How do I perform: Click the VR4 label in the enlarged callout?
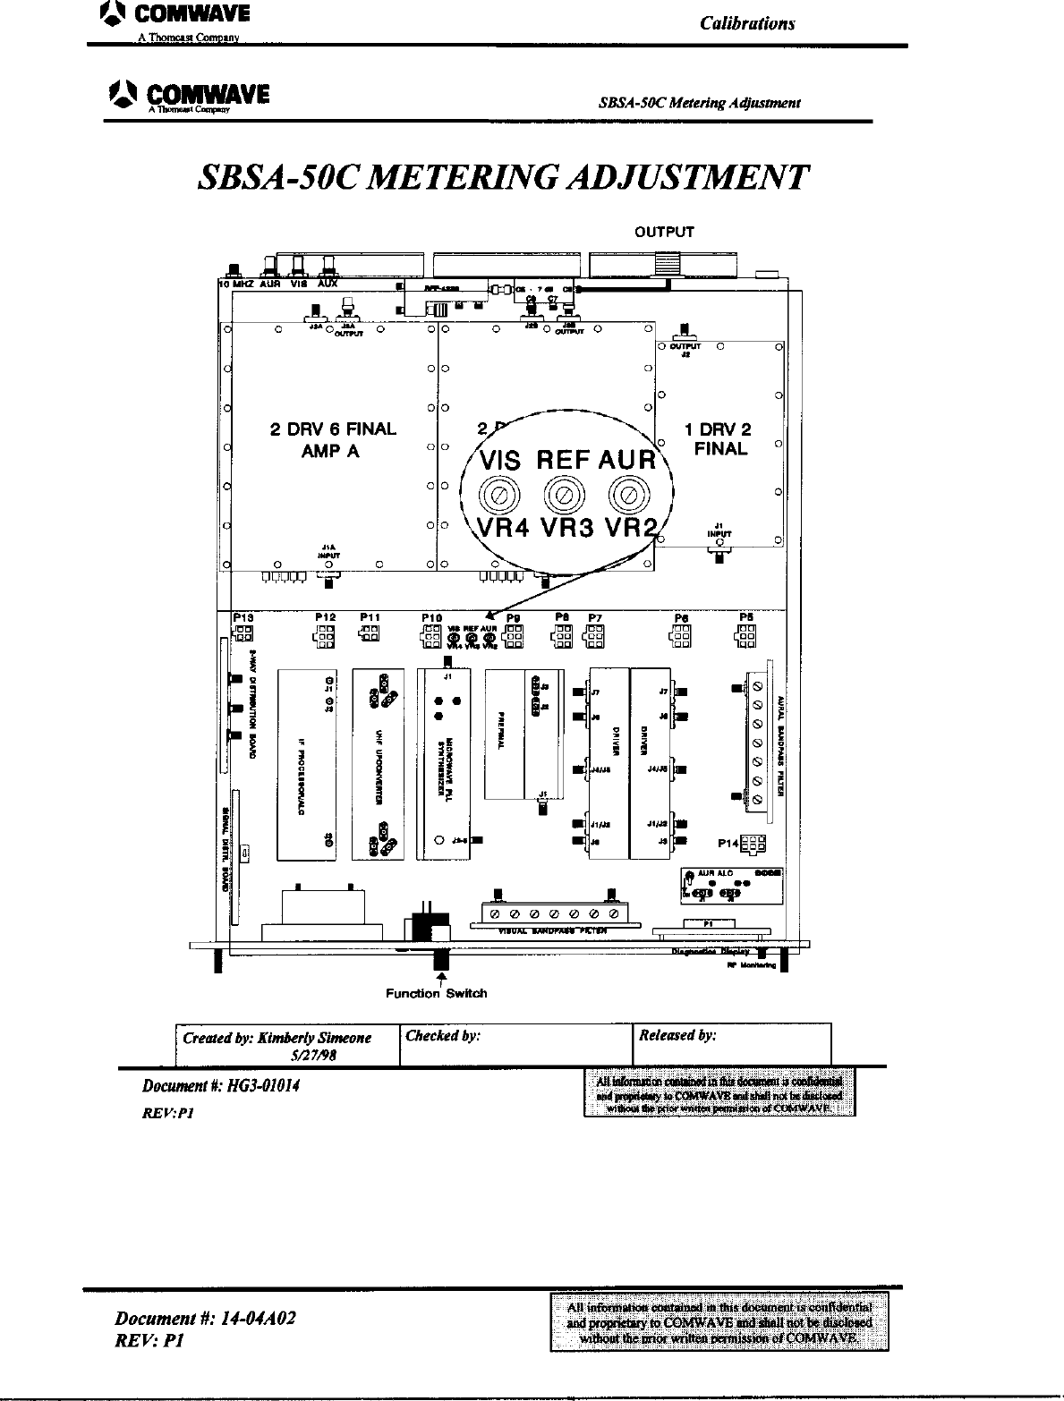click(x=503, y=526)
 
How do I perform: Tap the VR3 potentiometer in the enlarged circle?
click(x=561, y=493)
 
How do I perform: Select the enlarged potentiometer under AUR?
click(x=626, y=493)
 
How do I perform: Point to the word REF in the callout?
click(x=563, y=462)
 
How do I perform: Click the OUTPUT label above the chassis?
click(x=664, y=233)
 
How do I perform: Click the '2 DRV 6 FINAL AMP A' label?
click(x=332, y=439)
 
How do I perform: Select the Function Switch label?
click(x=437, y=993)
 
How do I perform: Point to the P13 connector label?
click(x=243, y=616)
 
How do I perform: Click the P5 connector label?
click(x=745, y=616)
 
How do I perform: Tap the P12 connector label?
click(x=325, y=616)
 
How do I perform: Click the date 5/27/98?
click(x=313, y=1056)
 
